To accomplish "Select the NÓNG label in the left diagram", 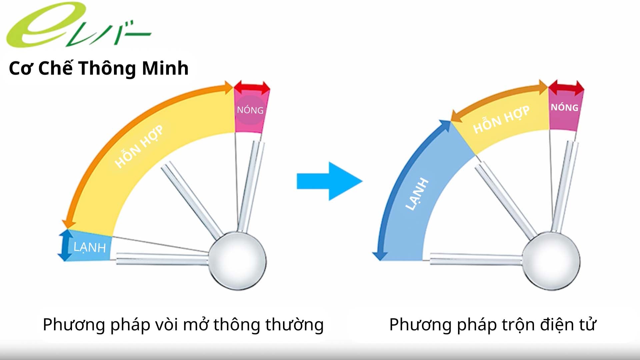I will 250,110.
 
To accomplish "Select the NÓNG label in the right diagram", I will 564,108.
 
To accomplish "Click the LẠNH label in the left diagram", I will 89,247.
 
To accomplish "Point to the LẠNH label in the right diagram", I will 417,194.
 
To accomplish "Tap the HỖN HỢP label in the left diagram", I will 139,146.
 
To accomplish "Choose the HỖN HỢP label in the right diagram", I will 501,120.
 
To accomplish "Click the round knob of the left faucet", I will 237,261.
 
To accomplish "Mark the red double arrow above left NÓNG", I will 252,88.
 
